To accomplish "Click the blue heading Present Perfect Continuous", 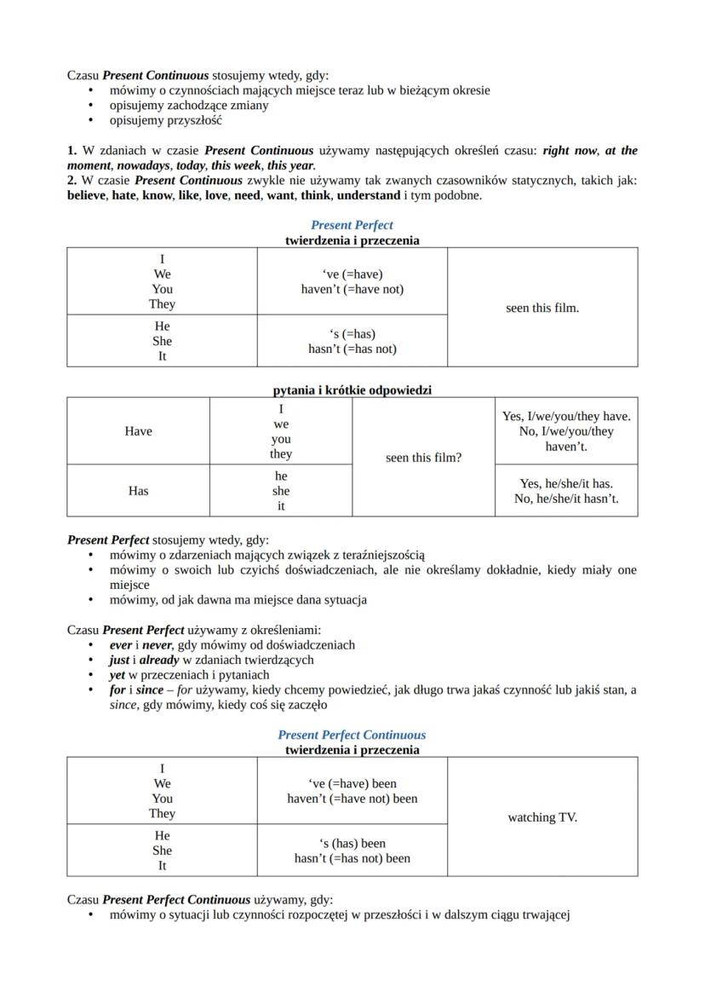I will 352,735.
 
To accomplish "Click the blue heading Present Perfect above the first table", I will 352,225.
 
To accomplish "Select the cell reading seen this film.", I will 542,308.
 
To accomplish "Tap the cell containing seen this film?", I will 423,458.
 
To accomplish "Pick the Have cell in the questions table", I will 138,431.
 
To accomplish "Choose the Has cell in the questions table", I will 138,490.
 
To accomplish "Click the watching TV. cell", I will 542,817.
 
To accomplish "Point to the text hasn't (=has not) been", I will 352,858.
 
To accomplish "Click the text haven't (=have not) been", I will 352,799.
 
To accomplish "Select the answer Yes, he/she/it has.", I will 566,483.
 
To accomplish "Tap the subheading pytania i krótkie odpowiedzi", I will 352,390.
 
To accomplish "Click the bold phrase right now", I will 568,151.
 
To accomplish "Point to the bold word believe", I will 86,195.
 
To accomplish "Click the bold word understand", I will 368,195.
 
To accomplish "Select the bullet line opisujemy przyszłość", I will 165,121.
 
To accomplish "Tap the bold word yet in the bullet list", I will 117,675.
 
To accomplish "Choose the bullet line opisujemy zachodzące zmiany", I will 188,106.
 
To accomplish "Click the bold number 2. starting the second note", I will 72,181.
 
